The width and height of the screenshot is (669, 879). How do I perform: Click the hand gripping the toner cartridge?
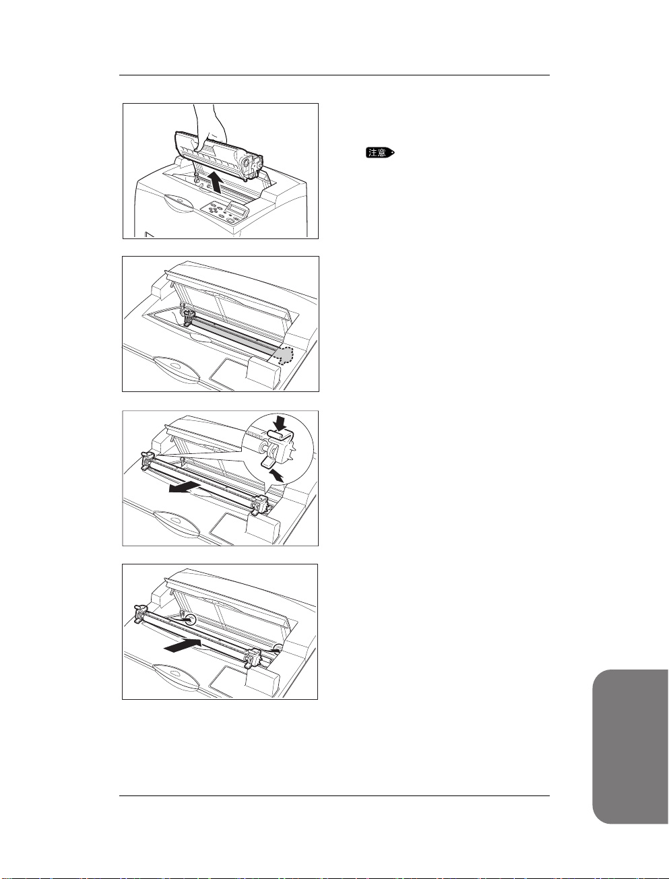(x=210, y=124)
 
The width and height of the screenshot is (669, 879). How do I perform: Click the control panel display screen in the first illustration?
(x=236, y=209)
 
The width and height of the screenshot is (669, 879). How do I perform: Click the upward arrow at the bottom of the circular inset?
(x=277, y=476)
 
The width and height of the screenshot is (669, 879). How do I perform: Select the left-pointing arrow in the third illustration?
(x=185, y=488)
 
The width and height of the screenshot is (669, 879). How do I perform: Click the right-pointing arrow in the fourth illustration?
(x=183, y=645)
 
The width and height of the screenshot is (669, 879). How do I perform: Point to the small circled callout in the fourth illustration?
(x=191, y=620)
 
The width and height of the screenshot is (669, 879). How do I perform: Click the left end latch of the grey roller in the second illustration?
(x=188, y=316)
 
